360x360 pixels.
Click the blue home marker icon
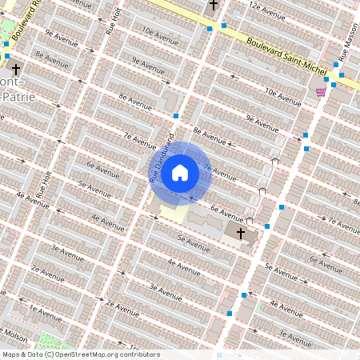(180, 172)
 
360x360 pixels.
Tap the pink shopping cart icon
(321, 92)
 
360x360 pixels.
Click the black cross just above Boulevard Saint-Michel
(213, 5)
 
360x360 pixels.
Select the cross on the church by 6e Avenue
(241, 232)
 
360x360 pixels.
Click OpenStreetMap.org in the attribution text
(90, 354)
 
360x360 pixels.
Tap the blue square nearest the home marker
(176, 116)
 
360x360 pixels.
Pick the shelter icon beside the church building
(250, 219)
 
